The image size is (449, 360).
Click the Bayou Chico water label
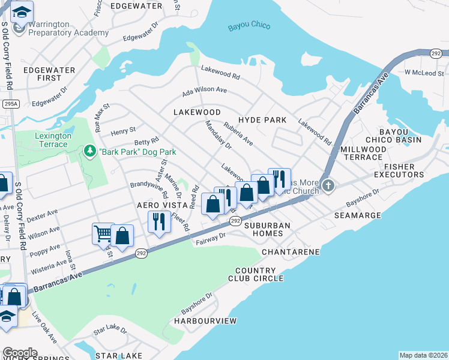[249, 26]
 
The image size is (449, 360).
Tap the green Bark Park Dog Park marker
[90, 149]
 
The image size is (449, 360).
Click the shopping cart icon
[103, 233]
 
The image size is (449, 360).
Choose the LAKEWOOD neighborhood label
[197, 112]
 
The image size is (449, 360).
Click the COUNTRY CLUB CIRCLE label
[255, 274]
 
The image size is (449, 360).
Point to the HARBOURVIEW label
[205, 322]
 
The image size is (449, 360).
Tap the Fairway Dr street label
[211, 239]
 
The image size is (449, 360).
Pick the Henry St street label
[123, 130]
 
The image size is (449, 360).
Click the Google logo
[20, 353]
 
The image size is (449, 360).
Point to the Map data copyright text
[423, 355]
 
